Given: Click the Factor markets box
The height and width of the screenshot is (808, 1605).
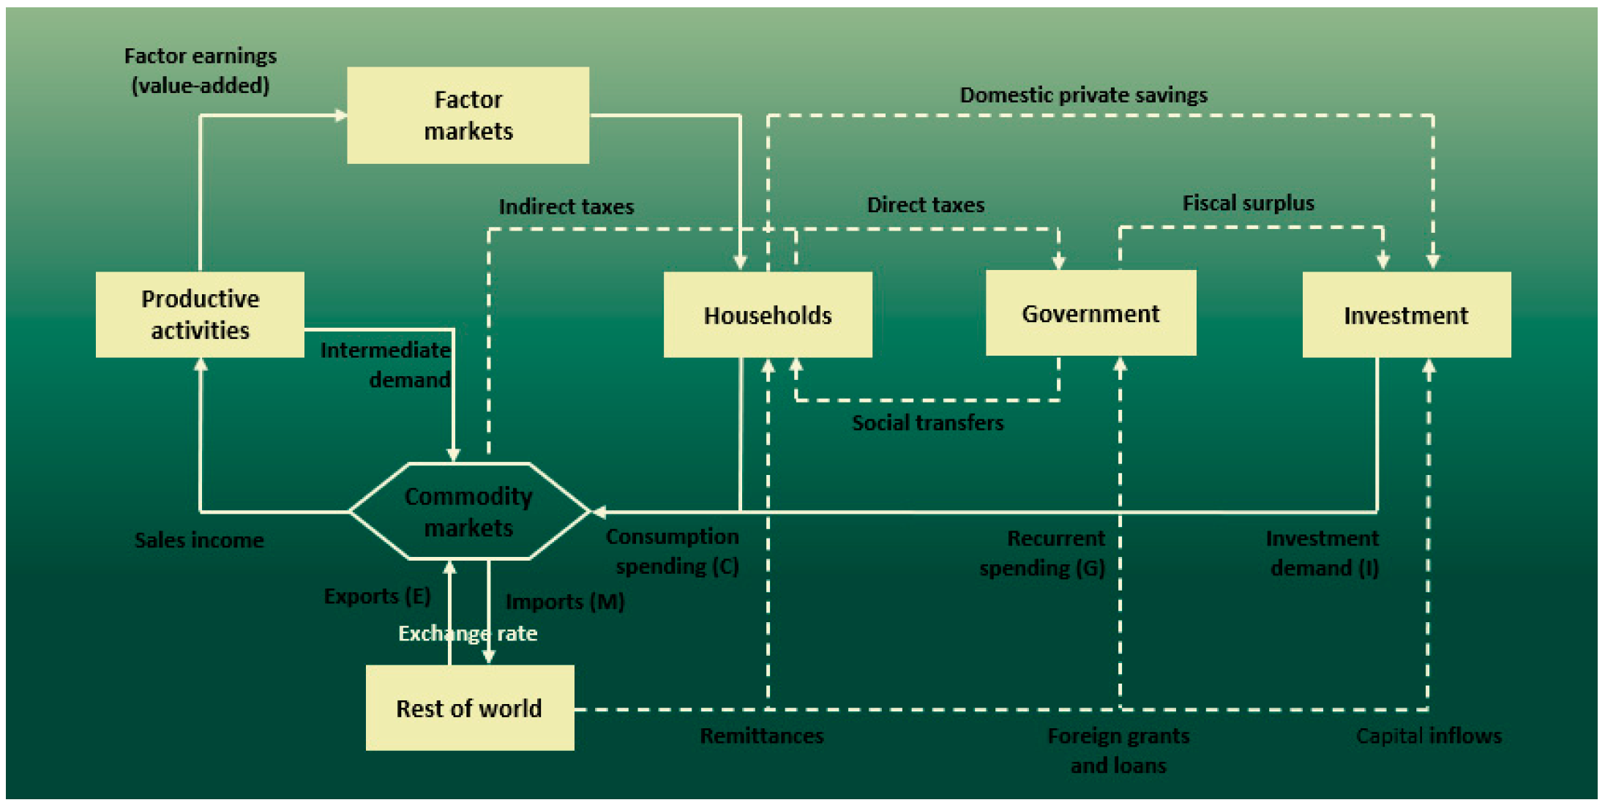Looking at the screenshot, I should click(x=468, y=115).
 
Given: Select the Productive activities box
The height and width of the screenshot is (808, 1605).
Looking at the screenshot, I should click(x=200, y=315).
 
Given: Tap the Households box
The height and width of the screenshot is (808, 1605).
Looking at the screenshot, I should click(x=768, y=315).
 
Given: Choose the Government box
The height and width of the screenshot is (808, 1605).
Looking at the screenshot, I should click(x=1090, y=313).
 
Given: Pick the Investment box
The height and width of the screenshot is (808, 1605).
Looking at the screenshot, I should click(x=1406, y=315).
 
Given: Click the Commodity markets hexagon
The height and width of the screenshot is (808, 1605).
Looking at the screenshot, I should click(x=468, y=512).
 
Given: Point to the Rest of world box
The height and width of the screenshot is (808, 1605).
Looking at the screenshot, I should click(x=469, y=708).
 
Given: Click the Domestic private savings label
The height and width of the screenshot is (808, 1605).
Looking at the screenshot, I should click(x=1083, y=95).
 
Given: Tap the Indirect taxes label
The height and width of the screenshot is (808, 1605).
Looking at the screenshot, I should click(x=566, y=206).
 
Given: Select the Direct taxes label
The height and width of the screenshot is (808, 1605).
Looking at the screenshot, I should click(x=925, y=205).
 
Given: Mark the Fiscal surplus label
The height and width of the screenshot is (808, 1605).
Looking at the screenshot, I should click(x=1248, y=203).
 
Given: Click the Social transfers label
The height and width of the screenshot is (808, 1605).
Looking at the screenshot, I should click(x=927, y=422).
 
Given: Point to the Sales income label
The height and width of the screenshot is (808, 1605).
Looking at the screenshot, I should click(x=199, y=540).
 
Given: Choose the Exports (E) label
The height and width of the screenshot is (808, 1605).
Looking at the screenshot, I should click(x=377, y=596).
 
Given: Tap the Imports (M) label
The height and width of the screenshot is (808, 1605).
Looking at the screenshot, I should click(x=565, y=602).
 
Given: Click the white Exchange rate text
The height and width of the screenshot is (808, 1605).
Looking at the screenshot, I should click(x=467, y=633).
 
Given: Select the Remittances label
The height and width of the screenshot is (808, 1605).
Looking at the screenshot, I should click(x=761, y=736).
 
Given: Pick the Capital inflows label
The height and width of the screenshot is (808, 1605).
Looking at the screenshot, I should click(x=1428, y=736).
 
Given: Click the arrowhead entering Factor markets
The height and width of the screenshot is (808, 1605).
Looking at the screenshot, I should click(x=340, y=115).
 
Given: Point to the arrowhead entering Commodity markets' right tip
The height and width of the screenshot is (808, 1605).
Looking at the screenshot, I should click(x=598, y=512).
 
